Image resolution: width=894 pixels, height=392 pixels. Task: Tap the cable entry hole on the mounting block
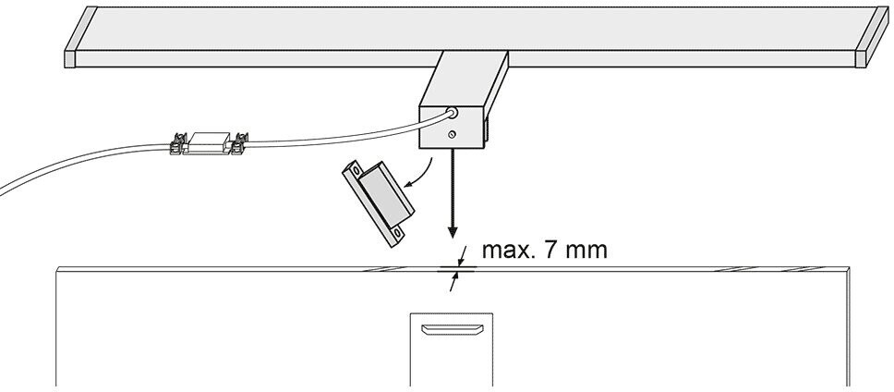(x=453, y=113)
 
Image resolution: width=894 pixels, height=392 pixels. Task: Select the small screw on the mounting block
(x=452, y=135)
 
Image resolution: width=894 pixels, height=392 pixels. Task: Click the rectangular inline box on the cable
(x=210, y=142)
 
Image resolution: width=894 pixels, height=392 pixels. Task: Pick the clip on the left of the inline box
(x=179, y=144)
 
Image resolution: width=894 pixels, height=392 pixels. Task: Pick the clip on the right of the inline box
(x=239, y=143)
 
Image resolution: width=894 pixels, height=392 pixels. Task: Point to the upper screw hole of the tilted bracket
(x=356, y=171)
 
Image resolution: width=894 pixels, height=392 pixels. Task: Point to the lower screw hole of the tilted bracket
(x=396, y=233)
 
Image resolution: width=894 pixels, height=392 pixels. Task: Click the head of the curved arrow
(x=407, y=184)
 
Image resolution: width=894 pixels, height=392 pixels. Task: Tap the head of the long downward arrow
(x=453, y=232)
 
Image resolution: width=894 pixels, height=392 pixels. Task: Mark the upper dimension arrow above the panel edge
(x=462, y=255)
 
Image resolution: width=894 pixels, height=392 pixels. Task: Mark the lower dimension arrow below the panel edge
(x=454, y=282)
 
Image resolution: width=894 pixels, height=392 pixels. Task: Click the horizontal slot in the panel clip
(x=451, y=329)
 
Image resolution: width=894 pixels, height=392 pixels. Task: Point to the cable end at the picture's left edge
(x=2, y=192)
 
